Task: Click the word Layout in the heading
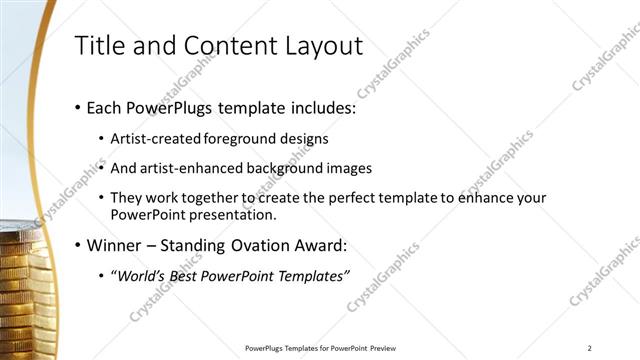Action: [323, 46]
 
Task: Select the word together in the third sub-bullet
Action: [209, 198]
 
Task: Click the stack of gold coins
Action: [22, 290]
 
